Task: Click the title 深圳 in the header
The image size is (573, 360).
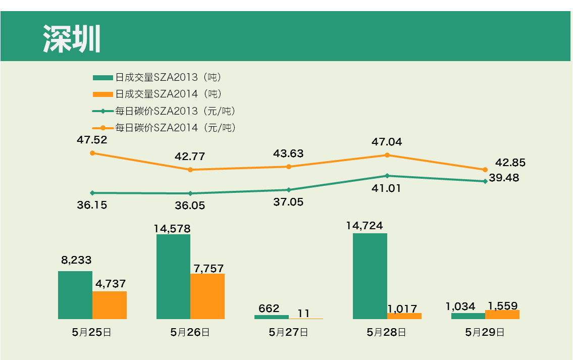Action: coord(72,38)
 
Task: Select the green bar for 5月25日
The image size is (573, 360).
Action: coord(75,295)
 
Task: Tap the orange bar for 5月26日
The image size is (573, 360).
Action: coord(207,296)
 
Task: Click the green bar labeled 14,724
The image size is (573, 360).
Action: coord(370,276)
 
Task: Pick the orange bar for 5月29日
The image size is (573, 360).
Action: coord(502,315)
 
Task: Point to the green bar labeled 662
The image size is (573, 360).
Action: coord(272,317)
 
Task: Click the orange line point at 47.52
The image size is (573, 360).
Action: coord(92,153)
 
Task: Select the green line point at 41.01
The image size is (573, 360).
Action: coord(387,176)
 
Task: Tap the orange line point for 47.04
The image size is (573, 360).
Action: coord(387,155)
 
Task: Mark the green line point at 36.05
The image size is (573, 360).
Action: coord(190,193)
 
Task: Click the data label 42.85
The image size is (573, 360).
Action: coord(510,163)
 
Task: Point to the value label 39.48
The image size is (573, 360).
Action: coord(504,178)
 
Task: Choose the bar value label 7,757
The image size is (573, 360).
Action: coord(209,268)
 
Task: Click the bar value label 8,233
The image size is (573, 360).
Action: coord(76,260)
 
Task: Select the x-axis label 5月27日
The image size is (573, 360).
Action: coord(288,332)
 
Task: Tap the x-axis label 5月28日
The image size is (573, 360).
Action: coord(386,332)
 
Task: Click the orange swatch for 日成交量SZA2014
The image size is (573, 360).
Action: coord(102,94)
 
